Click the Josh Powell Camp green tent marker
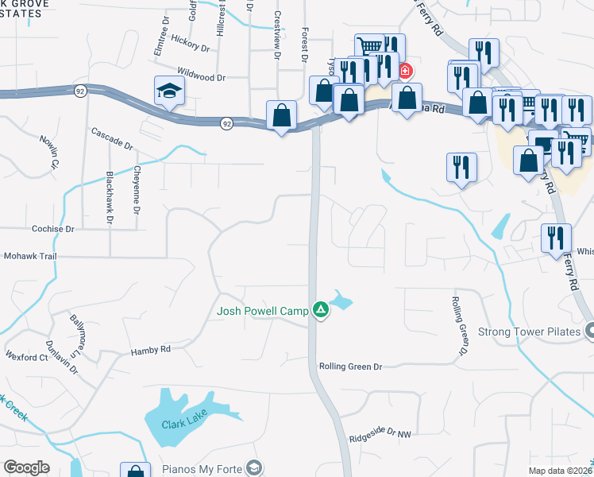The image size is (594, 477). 321,309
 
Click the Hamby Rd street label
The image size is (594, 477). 150,349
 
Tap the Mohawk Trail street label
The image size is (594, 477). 32,257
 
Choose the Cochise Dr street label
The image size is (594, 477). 52,229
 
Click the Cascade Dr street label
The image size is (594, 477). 112,138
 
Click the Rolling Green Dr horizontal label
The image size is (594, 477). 350,366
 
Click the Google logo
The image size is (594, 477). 26,467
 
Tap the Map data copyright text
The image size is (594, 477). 560,471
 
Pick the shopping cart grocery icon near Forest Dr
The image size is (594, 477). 369,47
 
